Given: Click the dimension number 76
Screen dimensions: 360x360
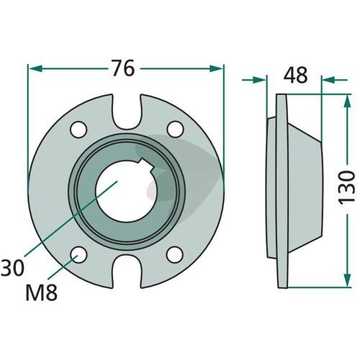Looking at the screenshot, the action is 124,68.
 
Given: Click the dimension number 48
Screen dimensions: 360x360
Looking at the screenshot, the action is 295,76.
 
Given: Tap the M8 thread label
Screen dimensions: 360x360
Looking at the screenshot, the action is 42,292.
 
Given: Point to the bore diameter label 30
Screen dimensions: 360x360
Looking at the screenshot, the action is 12,268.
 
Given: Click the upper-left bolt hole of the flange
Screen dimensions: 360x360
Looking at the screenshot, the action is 78,130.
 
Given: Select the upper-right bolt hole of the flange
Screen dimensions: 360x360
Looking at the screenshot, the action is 176,130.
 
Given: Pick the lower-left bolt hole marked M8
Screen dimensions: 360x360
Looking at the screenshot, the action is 78,255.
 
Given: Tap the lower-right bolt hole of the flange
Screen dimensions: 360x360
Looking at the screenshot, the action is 175,254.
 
